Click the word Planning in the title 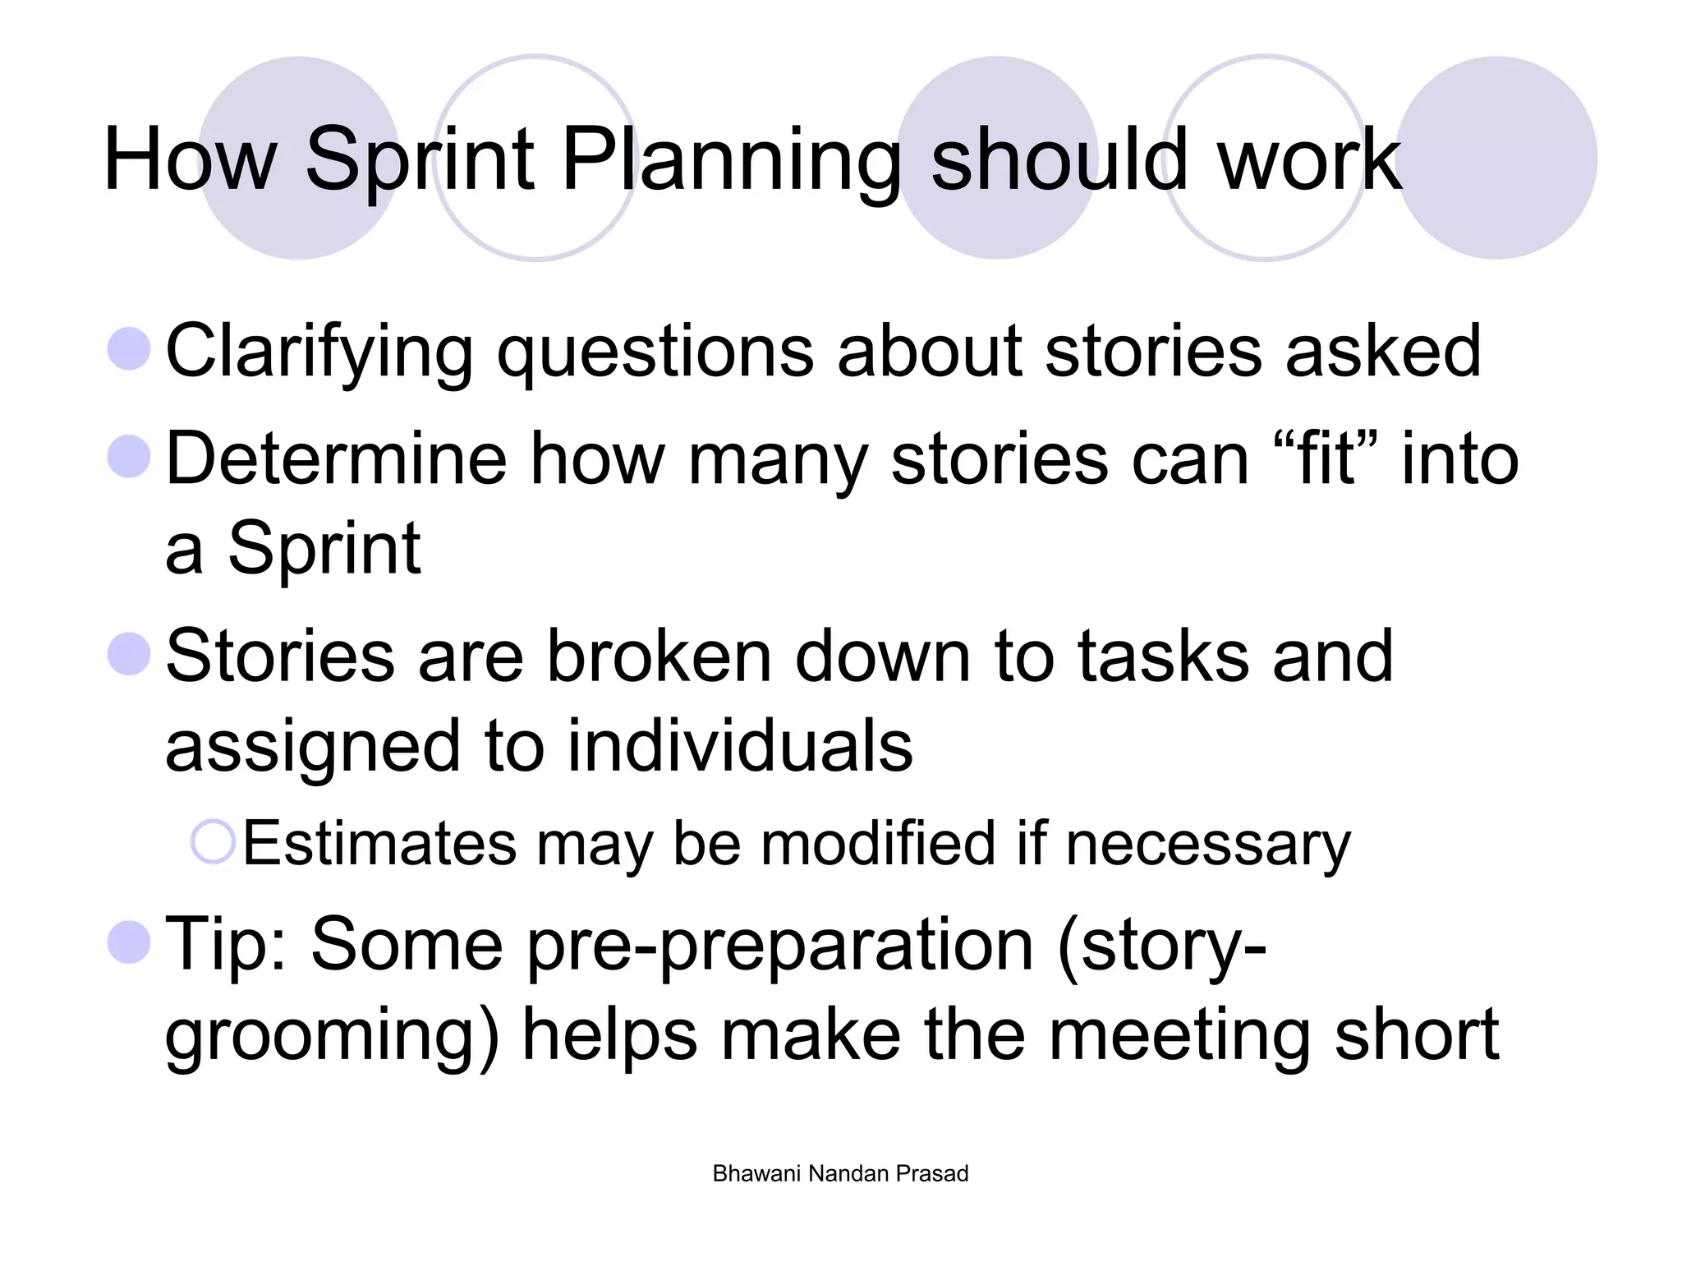pyautogui.click(x=731, y=160)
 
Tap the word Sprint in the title pyautogui.click(x=420, y=160)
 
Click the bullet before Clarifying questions pyautogui.click(x=129, y=348)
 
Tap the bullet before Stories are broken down pyautogui.click(x=129, y=654)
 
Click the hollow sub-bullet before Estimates pyautogui.click(x=214, y=842)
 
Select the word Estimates pyautogui.click(x=379, y=844)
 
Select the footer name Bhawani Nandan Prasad pyautogui.click(x=840, y=1173)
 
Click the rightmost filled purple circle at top pyautogui.click(x=1496, y=158)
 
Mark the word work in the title pyautogui.click(x=1309, y=160)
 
